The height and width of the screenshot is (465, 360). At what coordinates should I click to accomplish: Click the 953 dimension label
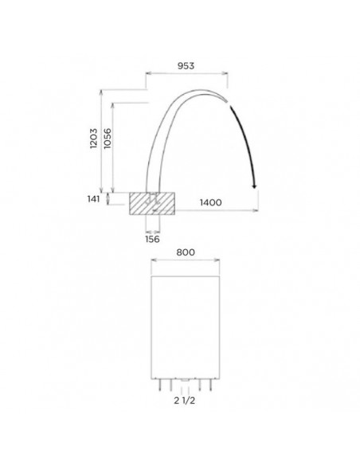click(186, 65)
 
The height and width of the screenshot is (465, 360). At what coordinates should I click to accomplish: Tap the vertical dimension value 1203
click(94, 139)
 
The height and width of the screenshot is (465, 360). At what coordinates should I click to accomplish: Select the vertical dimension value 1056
click(108, 139)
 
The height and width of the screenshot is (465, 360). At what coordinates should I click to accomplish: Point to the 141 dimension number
click(94, 199)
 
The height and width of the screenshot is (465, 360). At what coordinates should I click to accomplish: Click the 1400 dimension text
click(210, 202)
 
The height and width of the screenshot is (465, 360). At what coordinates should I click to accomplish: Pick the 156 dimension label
click(152, 239)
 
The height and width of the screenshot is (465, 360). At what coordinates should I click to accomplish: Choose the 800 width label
click(186, 252)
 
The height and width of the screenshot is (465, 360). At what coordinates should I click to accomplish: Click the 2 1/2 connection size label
click(185, 401)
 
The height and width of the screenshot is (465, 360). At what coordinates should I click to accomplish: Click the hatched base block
click(152, 204)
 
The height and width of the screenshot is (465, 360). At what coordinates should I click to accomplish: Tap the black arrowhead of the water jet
click(254, 186)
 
